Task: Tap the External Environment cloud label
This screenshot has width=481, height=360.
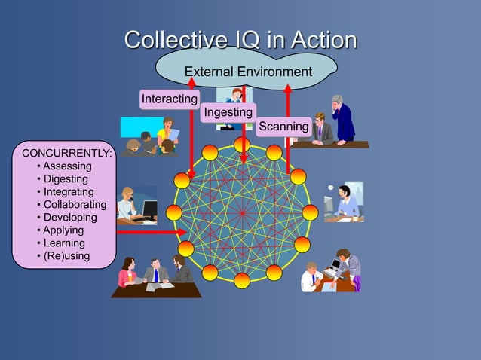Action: [x=248, y=72]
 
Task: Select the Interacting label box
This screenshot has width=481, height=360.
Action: [x=169, y=99]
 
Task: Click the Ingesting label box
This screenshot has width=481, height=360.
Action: [x=228, y=112]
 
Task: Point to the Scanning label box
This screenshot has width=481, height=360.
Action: [x=283, y=126]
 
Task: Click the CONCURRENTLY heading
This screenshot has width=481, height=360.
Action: [x=66, y=154]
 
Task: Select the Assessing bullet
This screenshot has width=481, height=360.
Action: [x=66, y=166]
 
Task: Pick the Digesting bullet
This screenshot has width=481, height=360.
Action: [x=65, y=179]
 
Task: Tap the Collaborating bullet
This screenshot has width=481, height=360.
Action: [x=74, y=205]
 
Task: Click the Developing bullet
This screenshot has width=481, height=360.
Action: [x=69, y=218]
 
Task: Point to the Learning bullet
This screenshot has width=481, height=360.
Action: [x=63, y=243]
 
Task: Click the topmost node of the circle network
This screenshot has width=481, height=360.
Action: [x=242, y=144]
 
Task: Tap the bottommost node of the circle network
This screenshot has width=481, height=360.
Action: [x=242, y=280]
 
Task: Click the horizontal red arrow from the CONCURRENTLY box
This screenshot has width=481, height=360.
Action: [x=151, y=233]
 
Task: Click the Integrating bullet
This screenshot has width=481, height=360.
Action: [x=68, y=192]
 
